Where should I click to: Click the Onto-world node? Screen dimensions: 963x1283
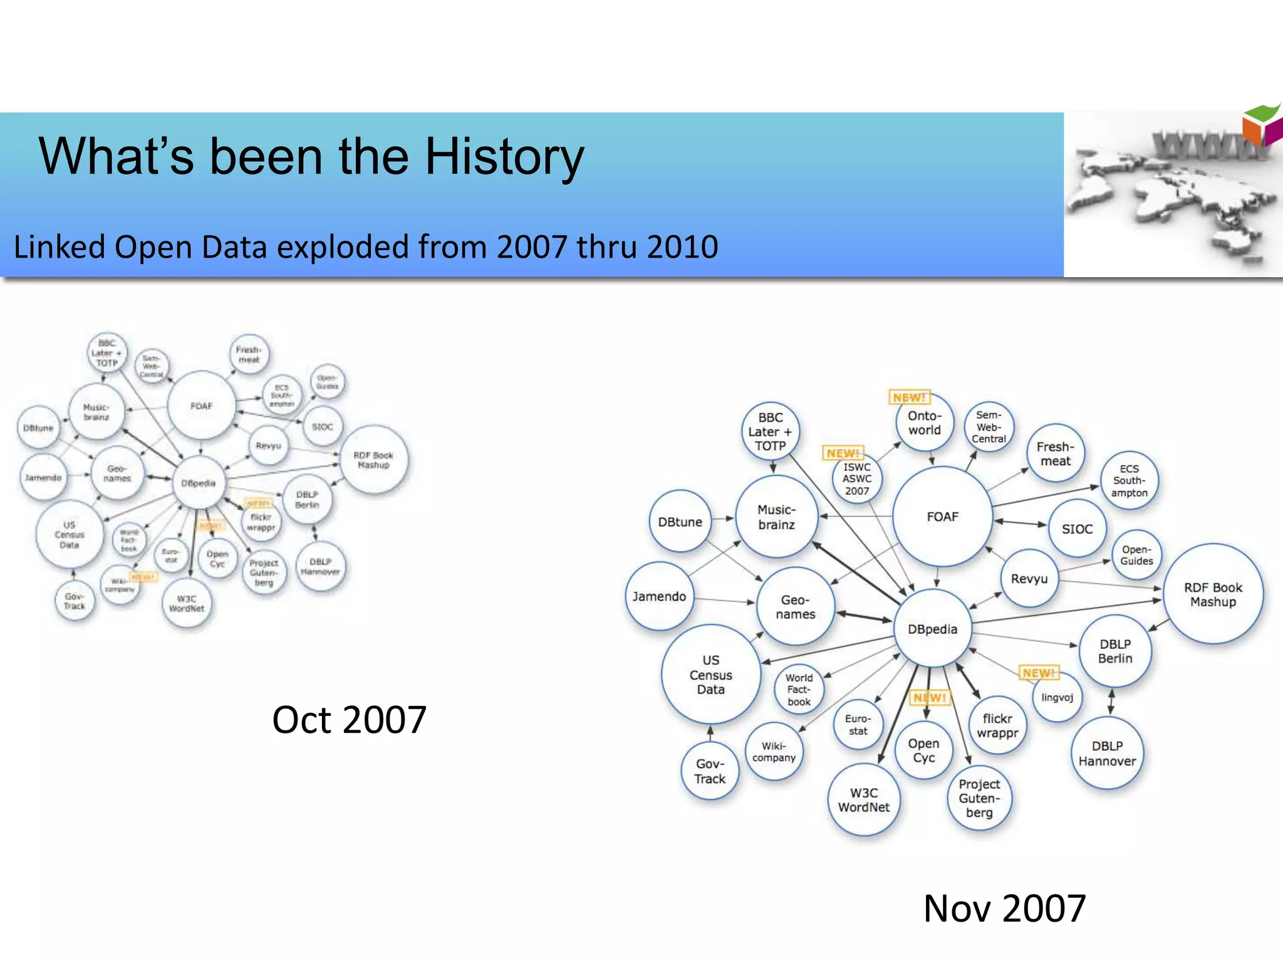coord(924,423)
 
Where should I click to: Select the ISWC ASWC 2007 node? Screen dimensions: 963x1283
coord(856,479)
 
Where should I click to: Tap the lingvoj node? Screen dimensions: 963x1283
coord(1057,697)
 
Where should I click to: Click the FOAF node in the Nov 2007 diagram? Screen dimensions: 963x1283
coord(942,517)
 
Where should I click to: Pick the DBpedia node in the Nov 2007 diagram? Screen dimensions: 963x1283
coord(932,629)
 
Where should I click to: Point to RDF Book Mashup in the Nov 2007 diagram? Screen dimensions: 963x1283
coord(1213,594)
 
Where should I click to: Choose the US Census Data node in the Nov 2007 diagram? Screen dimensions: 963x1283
coord(710,675)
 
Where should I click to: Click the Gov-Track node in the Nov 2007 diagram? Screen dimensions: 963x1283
coord(709,771)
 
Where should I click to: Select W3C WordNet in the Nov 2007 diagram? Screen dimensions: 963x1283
coord(863,800)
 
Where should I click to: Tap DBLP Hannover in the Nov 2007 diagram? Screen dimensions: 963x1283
coord(1107,754)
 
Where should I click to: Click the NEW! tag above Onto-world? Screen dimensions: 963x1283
coord(909,397)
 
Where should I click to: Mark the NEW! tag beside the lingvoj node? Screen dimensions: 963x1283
coord(1039,673)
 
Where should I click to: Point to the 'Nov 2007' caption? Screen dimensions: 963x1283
coord(1004,908)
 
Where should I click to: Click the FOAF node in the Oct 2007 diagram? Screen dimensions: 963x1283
coord(202,406)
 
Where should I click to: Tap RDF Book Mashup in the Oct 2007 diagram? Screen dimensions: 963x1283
coord(373,460)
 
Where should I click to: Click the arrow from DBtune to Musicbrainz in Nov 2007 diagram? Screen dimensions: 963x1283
coord(723,518)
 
